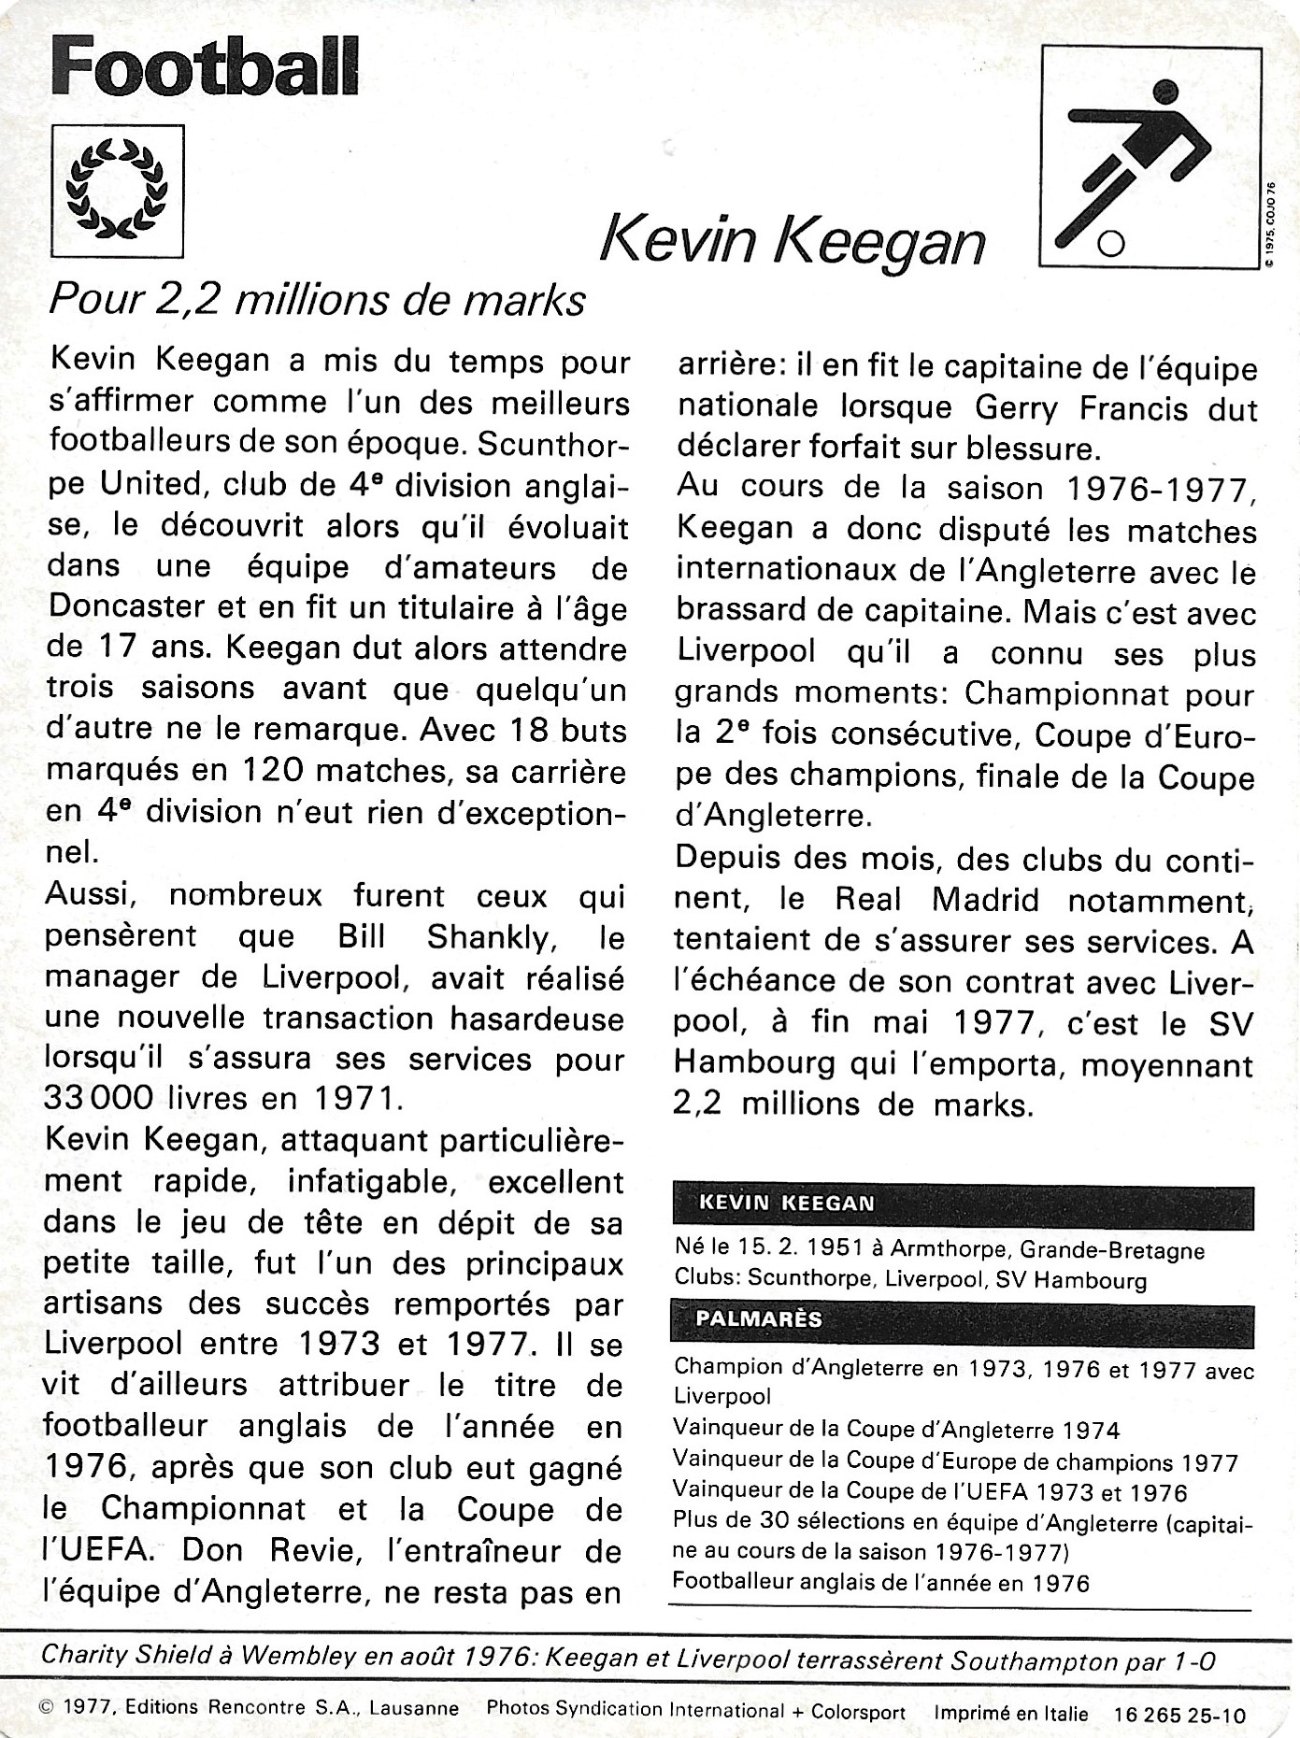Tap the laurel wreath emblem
(x=117, y=190)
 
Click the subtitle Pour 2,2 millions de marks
(x=317, y=300)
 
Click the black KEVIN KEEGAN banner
(x=963, y=1204)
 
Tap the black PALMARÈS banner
(x=963, y=1319)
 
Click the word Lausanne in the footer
(x=414, y=1709)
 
